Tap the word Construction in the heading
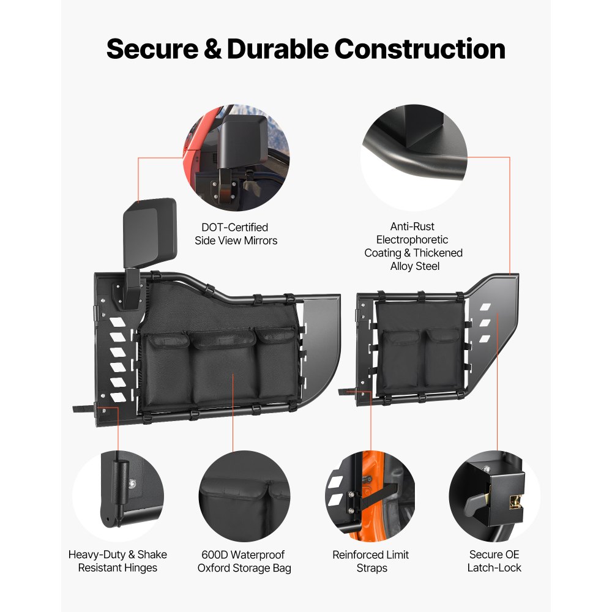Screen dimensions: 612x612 (419, 49)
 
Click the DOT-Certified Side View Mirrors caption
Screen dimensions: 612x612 (236, 234)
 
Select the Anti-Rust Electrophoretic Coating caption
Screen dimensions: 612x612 (413, 246)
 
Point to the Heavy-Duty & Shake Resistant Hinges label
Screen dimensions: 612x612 (118, 561)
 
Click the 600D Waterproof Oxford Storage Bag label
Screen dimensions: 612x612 (244, 561)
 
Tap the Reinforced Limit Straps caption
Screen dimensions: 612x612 (371, 561)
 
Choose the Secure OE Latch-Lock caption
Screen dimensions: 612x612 (494, 561)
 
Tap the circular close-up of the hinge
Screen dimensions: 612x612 (118, 496)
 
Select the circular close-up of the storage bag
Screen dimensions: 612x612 (245, 496)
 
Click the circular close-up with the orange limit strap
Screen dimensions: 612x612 (370, 496)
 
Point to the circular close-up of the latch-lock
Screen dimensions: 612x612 (494, 496)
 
